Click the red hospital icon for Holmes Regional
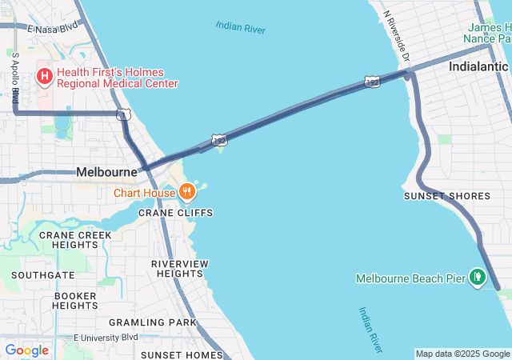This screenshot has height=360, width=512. point(44,77)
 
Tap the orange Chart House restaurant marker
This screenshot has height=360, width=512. point(186,191)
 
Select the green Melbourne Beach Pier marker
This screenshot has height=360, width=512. point(478,277)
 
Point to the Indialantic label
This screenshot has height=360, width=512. point(478,66)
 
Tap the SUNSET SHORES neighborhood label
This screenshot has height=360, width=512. point(446,196)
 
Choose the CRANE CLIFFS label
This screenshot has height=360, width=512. point(175,213)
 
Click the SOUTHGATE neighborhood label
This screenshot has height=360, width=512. point(43,274)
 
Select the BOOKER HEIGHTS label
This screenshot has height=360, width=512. point(75,301)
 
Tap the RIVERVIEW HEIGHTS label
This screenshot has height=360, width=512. point(180,269)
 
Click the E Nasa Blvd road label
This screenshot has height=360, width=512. point(54,28)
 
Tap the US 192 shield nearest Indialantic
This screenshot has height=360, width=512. point(372,82)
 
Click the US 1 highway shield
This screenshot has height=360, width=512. point(122,115)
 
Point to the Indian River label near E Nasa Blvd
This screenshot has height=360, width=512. point(240,28)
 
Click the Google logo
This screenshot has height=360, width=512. point(26,350)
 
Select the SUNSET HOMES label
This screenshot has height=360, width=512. point(181,354)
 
